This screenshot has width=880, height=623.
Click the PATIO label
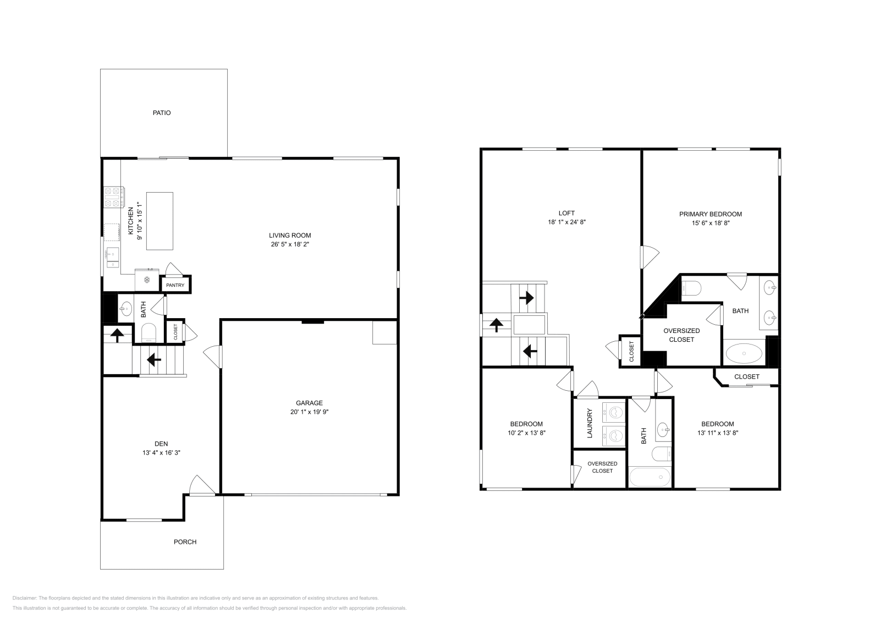(162, 113)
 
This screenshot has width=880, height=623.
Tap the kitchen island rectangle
(159, 221)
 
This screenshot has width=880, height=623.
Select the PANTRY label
(175, 285)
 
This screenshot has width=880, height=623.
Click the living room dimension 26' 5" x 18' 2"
(290, 244)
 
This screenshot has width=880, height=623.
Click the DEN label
(161, 444)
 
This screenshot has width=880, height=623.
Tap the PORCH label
(185, 542)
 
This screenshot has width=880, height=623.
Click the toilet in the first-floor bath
(149, 332)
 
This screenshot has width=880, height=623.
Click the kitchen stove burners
(113, 198)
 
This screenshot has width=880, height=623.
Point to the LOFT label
(566, 213)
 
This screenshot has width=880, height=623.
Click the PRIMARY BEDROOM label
(710, 214)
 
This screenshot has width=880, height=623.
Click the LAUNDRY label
(590, 423)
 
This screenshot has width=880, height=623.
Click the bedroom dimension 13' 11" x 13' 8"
(717, 433)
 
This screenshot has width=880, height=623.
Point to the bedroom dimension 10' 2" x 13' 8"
(526, 433)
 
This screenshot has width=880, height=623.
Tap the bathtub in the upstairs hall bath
(650, 477)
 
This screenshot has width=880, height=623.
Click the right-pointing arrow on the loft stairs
(526, 298)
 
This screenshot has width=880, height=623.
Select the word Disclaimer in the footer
(24, 598)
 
